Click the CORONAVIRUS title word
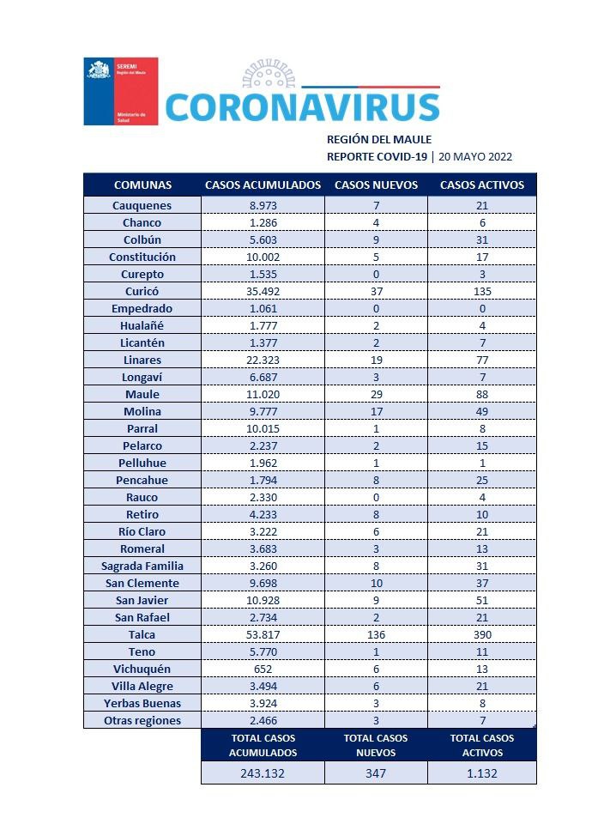pos(301,106)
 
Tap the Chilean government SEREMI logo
pos(120,91)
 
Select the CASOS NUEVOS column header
pos(376,185)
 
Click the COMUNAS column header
pos(142,185)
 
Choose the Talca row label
pos(142,634)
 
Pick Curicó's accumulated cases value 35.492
pos(263,291)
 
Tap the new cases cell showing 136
pos(376,634)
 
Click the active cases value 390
pos(481,634)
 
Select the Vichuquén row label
pos(142,669)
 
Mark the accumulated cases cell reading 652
pos(263,669)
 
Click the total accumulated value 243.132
pos(263,773)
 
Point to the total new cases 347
pos(376,773)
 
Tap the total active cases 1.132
pos(481,773)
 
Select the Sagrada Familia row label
pos(142,566)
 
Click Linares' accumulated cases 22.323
pos(263,360)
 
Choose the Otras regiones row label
pos(142,720)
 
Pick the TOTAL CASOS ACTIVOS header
pos(481,745)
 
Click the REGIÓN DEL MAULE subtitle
pos(379,139)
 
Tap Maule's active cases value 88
pos(481,394)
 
